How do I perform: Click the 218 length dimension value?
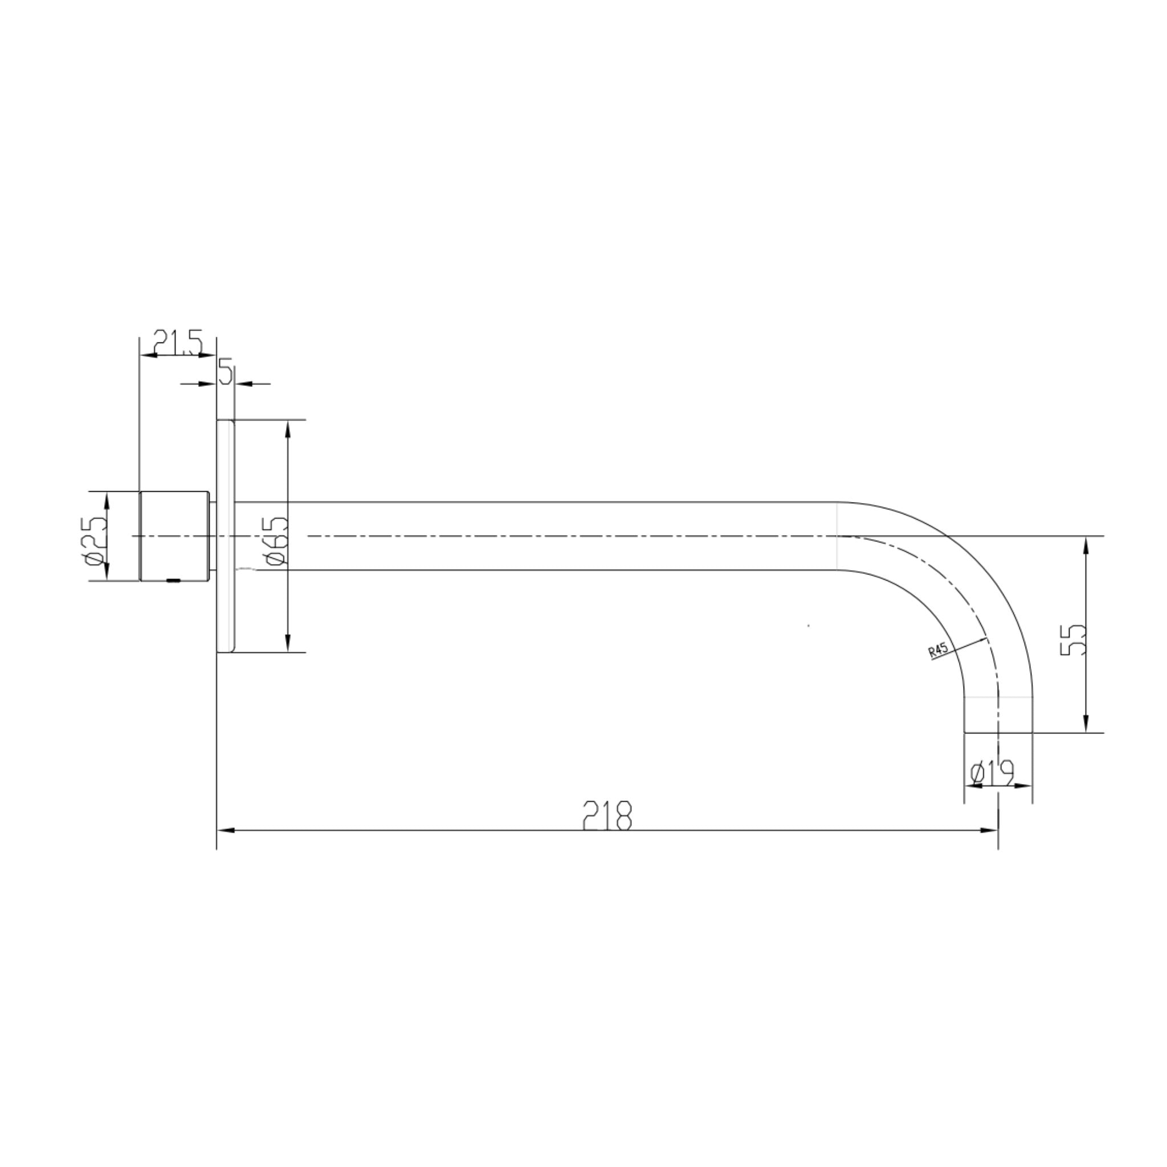[607, 816]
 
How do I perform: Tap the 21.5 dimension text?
[177, 342]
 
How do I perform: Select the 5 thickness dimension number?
[226, 372]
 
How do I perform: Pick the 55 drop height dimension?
[1073, 640]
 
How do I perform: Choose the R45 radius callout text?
[938, 651]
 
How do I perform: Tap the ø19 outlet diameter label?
[991, 773]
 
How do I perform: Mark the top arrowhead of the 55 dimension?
[1086, 545]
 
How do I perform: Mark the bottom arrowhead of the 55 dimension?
[1086, 724]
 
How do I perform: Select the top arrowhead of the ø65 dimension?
[288, 429]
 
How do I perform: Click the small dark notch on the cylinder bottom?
[173, 581]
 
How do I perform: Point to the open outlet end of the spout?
[998, 732]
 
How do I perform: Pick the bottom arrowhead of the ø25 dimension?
[107, 573]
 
